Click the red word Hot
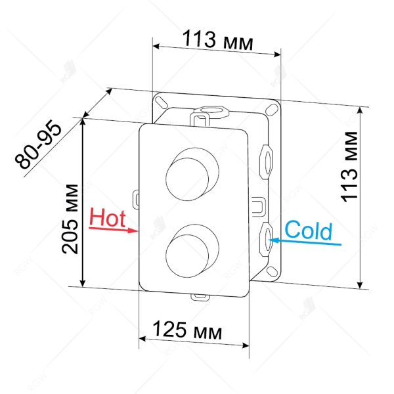pos(107,217)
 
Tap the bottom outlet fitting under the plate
pos(199,296)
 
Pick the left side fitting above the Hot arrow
pos(136,196)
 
